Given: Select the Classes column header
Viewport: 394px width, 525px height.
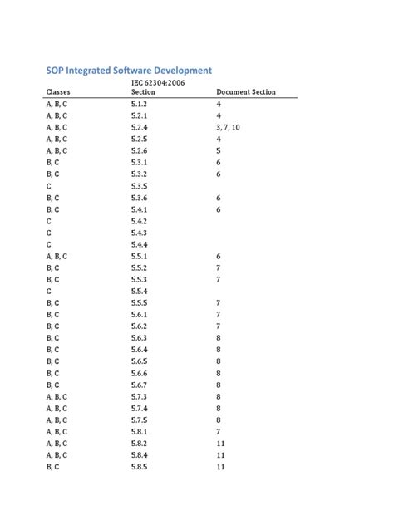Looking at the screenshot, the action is (58, 92).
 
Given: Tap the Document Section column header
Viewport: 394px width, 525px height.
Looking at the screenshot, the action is (246, 92).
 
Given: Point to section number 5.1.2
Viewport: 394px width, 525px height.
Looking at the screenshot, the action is (139, 105).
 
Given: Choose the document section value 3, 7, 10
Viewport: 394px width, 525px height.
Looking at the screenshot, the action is (228, 128).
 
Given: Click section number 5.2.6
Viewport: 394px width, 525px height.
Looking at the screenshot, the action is (139, 151).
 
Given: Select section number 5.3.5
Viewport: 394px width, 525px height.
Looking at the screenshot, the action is (139, 187).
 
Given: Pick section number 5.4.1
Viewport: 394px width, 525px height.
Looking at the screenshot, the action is (139, 210).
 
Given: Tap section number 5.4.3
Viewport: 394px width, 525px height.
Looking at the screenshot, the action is (139, 233).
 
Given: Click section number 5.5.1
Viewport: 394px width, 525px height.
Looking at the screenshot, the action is (139, 257).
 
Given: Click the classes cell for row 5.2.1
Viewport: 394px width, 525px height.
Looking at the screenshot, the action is (57, 116).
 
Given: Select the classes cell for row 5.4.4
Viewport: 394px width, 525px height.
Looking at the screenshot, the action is (49, 245).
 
